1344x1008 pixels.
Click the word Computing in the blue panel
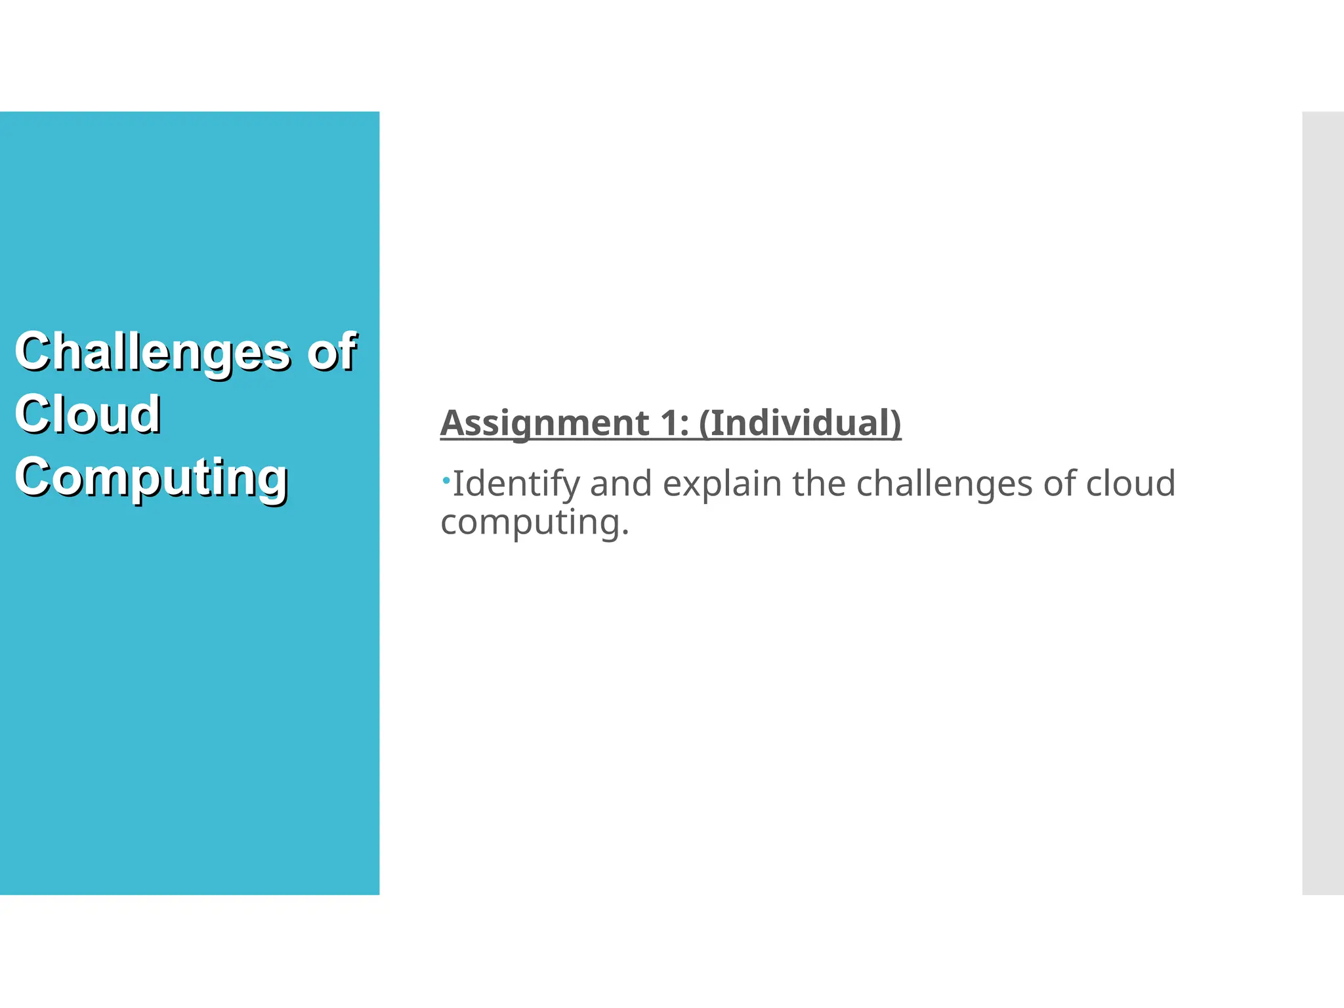click(152, 478)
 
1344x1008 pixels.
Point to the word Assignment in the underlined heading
click(545, 423)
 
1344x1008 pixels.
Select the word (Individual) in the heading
click(800, 423)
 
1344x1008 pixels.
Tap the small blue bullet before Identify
click(446, 481)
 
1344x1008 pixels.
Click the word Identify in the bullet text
click(516, 484)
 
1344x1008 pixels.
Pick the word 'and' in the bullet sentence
click(621, 484)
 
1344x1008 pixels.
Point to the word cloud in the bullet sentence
click(1130, 484)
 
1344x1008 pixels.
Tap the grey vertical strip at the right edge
click(1323, 503)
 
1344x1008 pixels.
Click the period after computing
click(625, 533)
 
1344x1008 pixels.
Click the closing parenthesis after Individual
click(896, 423)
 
